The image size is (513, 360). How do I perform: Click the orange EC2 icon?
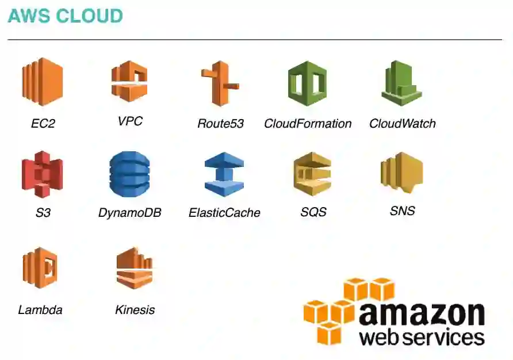pyautogui.click(x=43, y=82)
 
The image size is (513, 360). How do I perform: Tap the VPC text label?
pyautogui.click(x=129, y=121)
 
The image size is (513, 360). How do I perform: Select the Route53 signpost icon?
pyautogui.click(x=220, y=83)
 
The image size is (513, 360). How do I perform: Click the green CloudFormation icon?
pyautogui.click(x=307, y=83)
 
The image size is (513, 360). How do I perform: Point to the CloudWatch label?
pyautogui.click(x=402, y=124)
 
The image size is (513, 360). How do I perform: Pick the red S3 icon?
pyautogui.click(x=42, y=174)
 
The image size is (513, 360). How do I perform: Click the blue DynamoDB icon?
pyautogui.click(x=129, y=174)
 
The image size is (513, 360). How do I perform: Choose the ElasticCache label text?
pyautogui.click(x=224, y=213)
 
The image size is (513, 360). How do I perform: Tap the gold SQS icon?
pyautogui.click(x=312, y=174)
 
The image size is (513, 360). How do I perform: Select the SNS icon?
pyautogui.click(x=401, y=172)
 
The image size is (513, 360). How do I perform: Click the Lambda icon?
pyautogui.click(x=40, y=267)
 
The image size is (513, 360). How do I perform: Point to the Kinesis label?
pyautogui.click(x=135, y=310)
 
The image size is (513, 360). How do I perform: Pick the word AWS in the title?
pyautogui.click(x=26, y=16)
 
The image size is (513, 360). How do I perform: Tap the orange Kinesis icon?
pyautogui.click(x=134, y=267)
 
